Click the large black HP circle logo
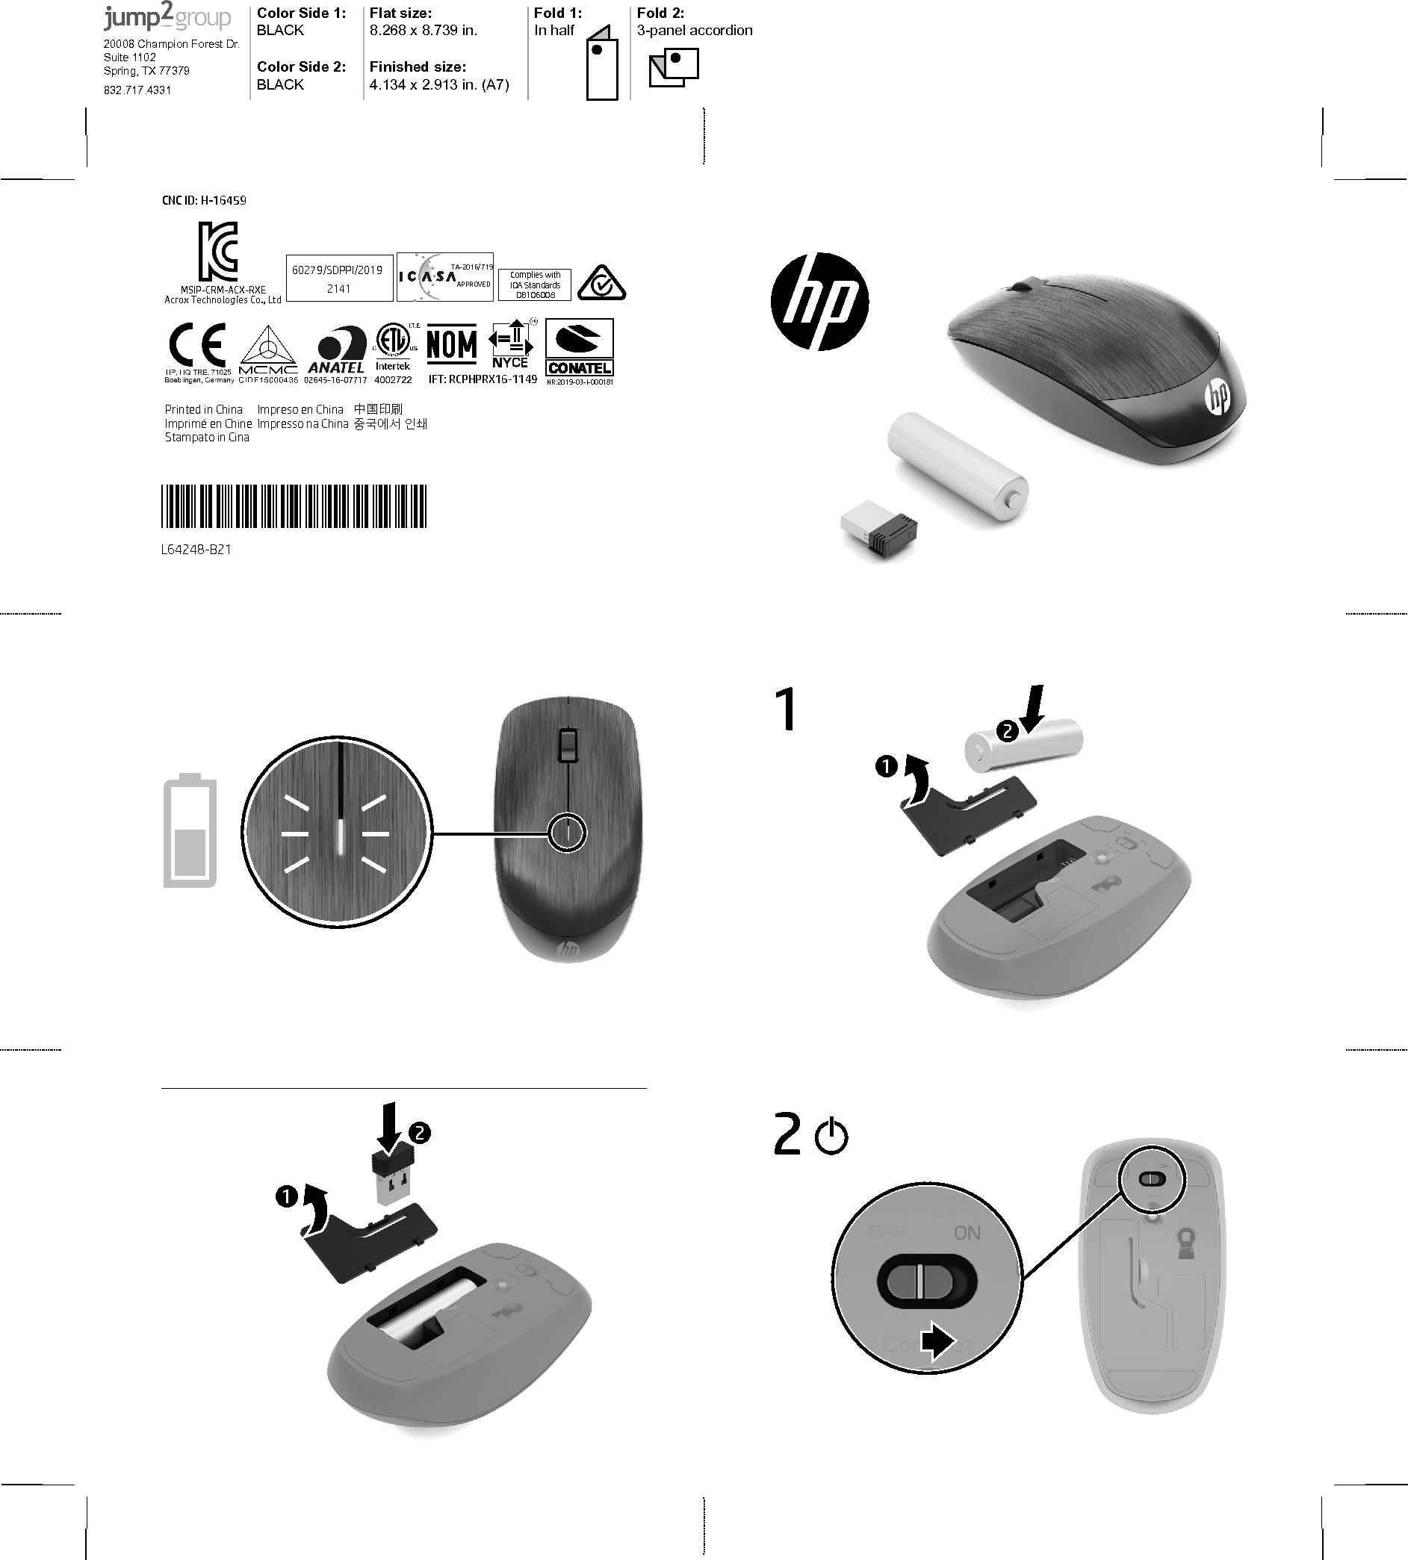(x=819, y=301)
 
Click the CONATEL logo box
(x=580, y=348)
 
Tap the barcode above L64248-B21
(x=294, y=506)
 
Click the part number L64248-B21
(x=196, y=550)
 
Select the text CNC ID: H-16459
(x=204, y=200)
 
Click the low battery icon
(x=190, y=830)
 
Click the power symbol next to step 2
(x=831, y=1137)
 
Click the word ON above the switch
(x=967, y=1234)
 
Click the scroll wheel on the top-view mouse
(x=568, y=745)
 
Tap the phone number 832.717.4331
(x=137, y=90)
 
